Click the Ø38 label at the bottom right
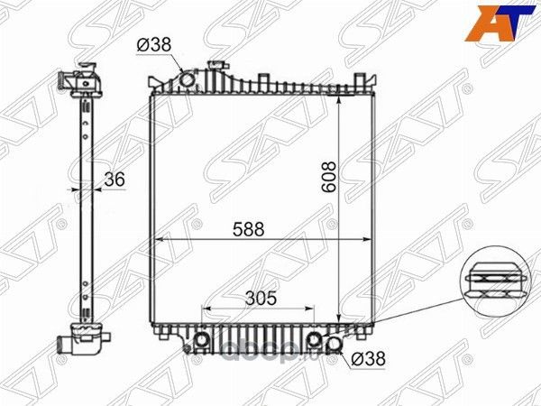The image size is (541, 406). pyautogui.click(x=367, y=358)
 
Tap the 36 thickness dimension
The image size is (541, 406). pyautogui.click(x=115, y=180)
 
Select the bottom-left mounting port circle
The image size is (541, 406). pyautogui.click(x=203, y=340)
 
